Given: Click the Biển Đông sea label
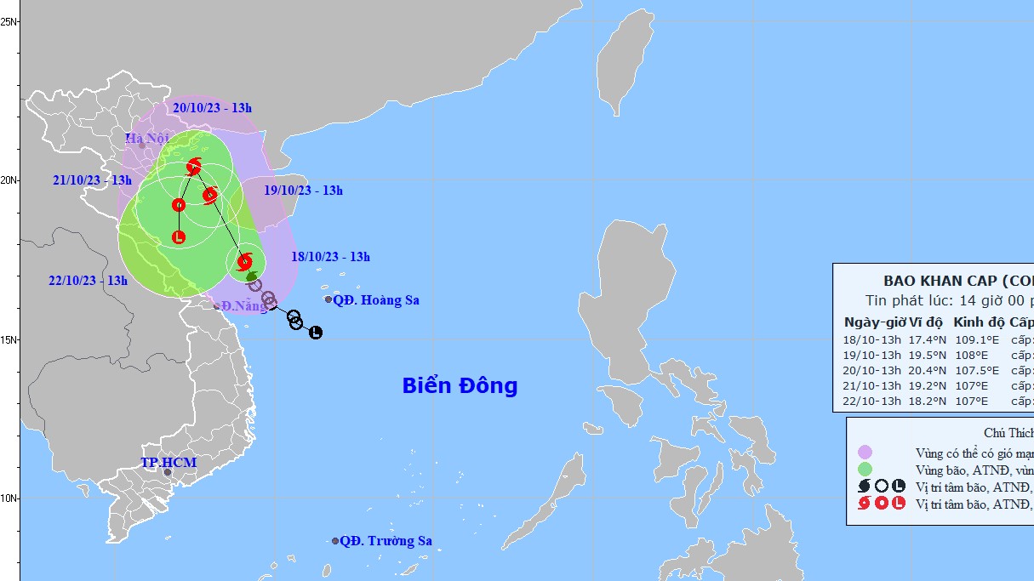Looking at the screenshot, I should tap(460, 385).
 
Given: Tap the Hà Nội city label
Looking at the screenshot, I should tap(146, 139).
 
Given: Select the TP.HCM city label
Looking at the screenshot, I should tap(169, 463).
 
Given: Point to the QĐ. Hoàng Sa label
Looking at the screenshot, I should tap(375, 300).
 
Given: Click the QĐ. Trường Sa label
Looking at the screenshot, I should tap(386, 541).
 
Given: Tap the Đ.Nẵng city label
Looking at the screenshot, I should tap(241, 305).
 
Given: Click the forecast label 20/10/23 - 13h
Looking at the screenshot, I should tap(212, 108).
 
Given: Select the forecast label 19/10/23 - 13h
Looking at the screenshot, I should tap(303, 191).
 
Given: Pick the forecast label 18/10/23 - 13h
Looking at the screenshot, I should tap(330, 257).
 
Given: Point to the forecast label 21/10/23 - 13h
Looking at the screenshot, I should tap(92, 180).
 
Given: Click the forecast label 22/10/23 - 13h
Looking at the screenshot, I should tap(88, 281).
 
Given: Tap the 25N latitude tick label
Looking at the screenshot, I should tap(10, 21).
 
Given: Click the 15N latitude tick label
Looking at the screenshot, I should tap(10, 339).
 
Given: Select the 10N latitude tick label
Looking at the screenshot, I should tap(10, 498).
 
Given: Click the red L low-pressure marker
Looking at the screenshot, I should tap(179, 237).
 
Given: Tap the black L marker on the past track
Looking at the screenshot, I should tap(316, 332).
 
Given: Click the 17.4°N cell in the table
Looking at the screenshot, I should tap(925, 339).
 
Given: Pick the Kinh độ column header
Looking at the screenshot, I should tap(979, 322).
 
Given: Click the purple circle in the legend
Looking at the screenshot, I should tap(865, 452).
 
